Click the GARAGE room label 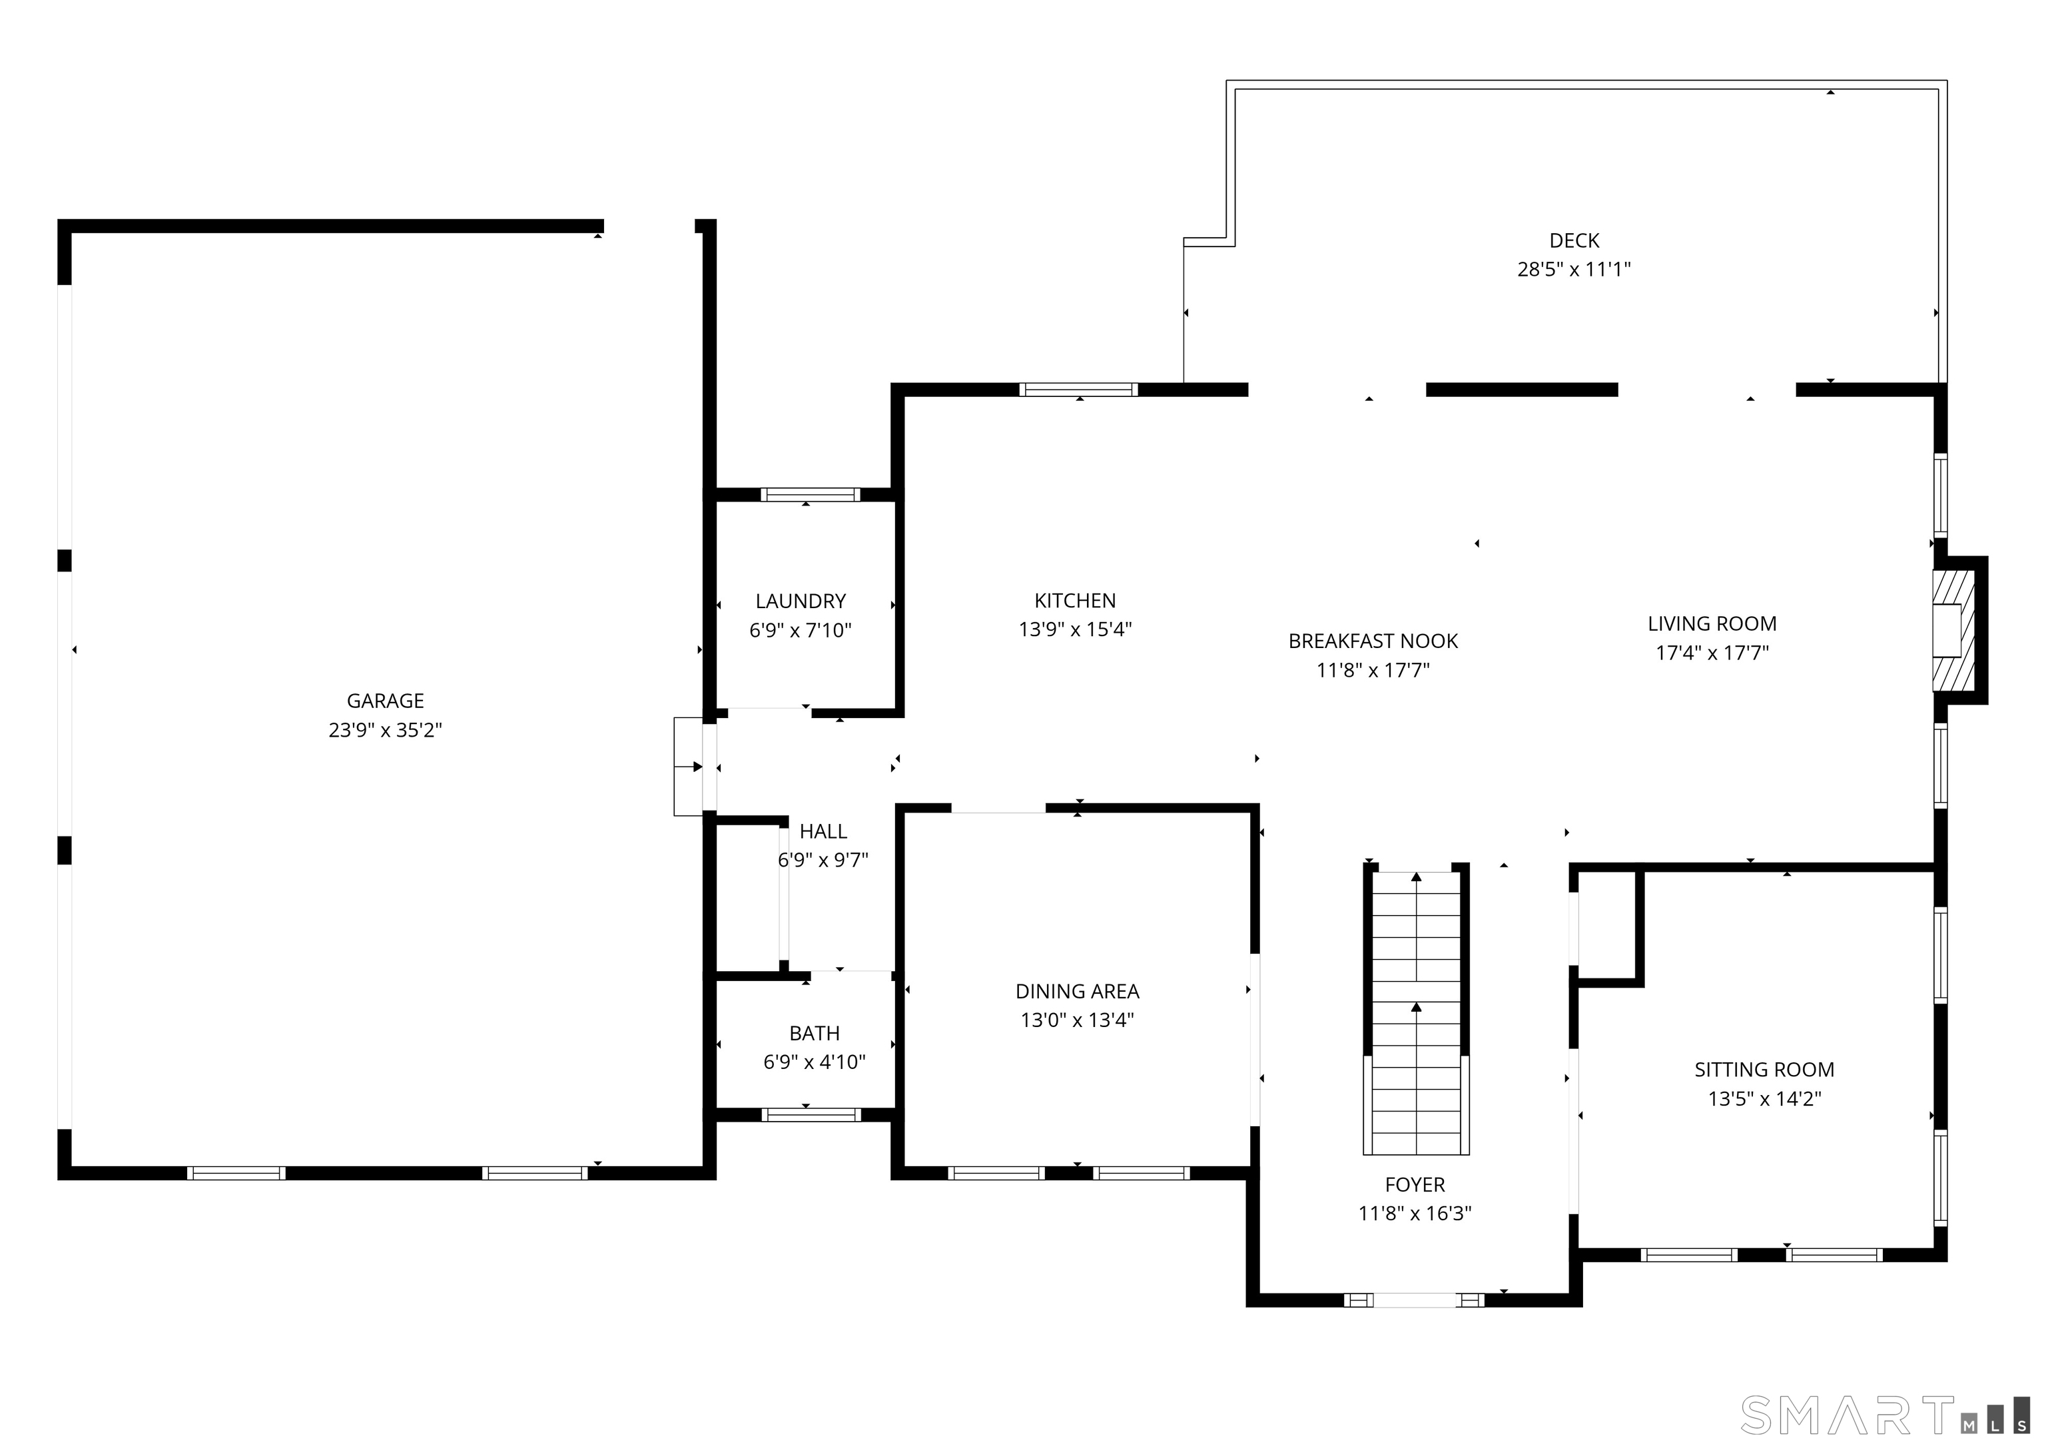(385, 701)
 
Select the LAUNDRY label (800, 601)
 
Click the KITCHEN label (1075, 600)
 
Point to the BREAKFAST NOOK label (1373, 640)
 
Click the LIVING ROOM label (1711, 623)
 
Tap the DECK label (1574, 240)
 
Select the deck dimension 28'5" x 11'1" (1574, 268)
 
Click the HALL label (822, 831)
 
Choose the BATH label (814, 1033)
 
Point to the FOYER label (1414, 1184)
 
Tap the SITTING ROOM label (1764, 1069)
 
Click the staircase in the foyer (1416, 1013)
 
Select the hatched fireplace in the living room (1951, 630)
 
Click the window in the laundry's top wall (810, 495)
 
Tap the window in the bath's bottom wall (811, 1114)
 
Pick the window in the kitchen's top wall (1078, 389)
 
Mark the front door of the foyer (1414, 1300)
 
